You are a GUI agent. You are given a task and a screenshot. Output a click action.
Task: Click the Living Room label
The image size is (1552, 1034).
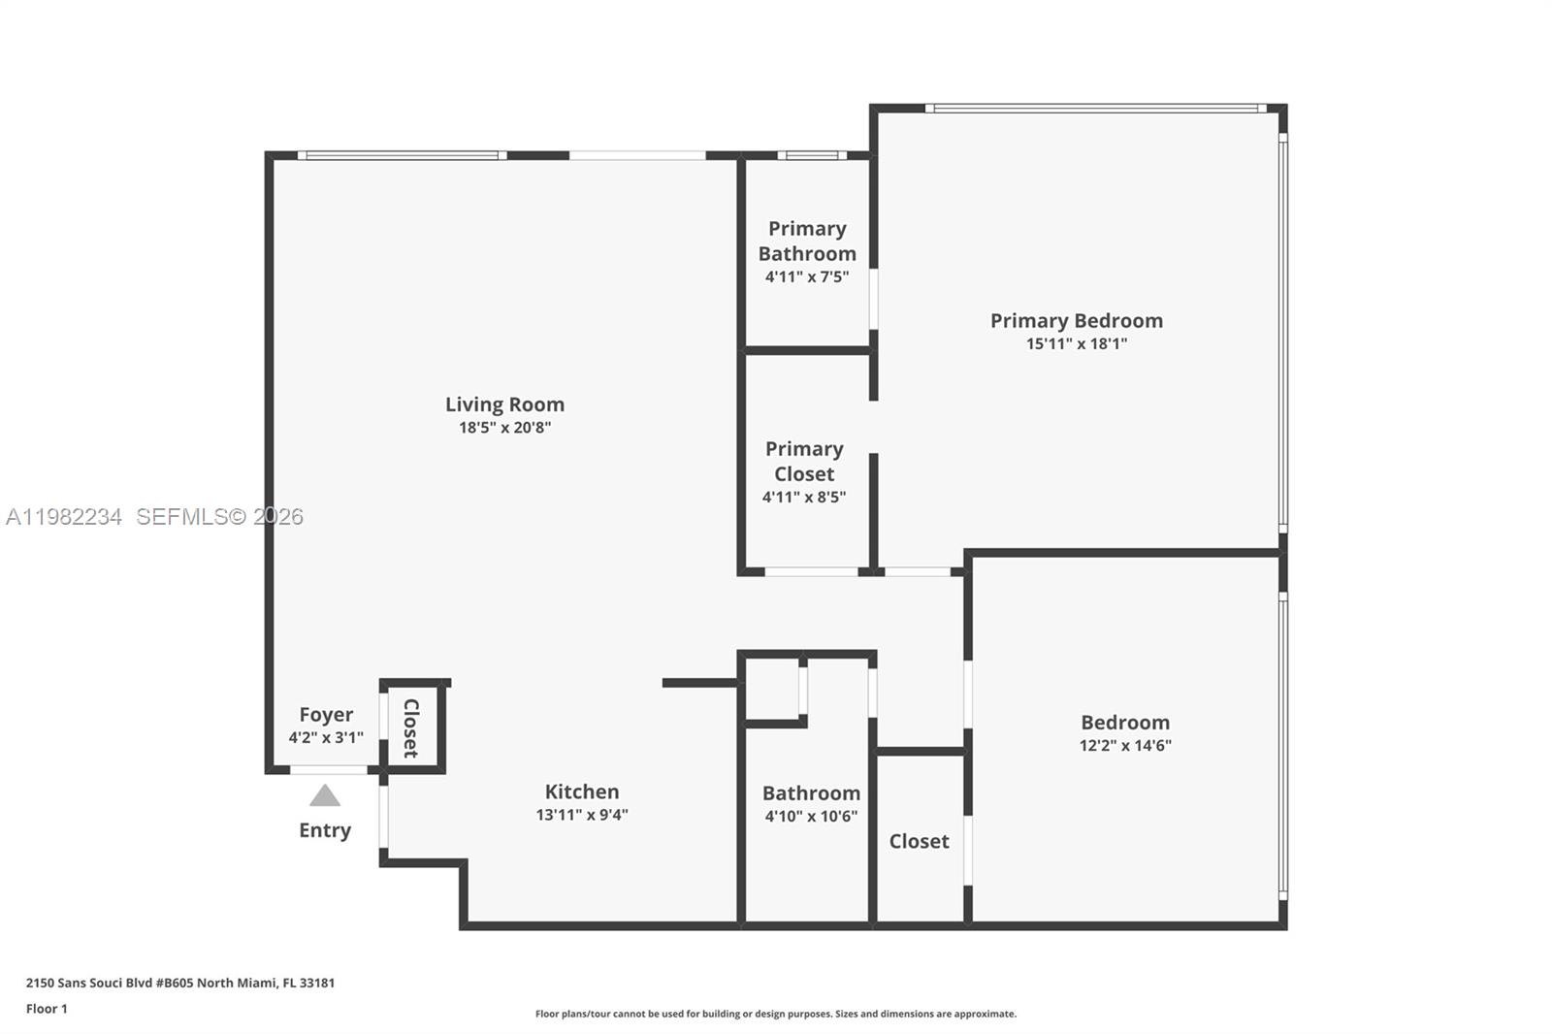504,404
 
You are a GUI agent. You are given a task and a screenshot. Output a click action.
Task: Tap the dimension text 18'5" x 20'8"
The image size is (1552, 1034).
504,428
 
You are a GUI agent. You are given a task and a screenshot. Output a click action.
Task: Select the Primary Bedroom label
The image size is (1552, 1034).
1076,321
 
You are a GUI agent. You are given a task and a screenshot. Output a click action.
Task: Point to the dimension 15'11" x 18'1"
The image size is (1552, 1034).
1076,344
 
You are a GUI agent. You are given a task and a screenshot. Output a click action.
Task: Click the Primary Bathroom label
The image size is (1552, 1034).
807,241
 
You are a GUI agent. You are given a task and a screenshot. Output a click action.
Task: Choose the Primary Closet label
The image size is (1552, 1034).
804,461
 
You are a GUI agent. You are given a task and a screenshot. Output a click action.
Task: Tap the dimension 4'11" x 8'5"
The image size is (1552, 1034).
804,498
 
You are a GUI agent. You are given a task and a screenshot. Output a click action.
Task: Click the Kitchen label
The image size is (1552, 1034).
581,792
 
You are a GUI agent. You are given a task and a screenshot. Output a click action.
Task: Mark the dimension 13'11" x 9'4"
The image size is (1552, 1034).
581,815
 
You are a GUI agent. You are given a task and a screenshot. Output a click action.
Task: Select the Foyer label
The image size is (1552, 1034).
326,715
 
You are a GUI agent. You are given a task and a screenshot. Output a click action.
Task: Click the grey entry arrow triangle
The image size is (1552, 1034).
325,797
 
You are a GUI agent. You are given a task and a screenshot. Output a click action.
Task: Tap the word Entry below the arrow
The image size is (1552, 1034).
325,830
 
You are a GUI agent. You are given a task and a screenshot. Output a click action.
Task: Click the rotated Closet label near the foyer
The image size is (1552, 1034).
411,727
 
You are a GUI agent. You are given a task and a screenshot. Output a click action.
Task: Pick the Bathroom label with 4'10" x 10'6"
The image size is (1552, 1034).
811,793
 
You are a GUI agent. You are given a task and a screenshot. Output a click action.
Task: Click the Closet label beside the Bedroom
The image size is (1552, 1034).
919,841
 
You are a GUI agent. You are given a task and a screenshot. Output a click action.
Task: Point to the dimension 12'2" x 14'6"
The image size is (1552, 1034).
1125,746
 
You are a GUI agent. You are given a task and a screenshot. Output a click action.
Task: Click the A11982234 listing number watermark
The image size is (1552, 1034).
64,517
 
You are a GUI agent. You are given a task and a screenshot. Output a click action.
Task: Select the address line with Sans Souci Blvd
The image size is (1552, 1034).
180,983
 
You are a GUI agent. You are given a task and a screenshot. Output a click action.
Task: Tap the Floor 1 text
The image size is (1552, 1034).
47,1009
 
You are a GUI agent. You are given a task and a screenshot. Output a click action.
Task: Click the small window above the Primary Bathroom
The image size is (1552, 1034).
812,155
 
